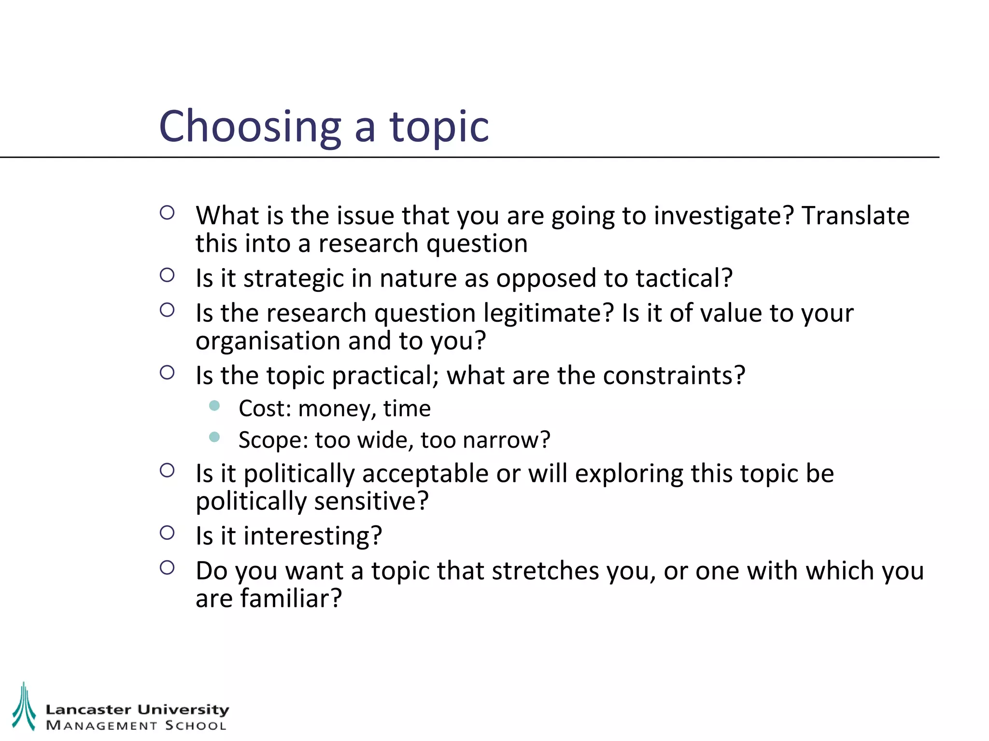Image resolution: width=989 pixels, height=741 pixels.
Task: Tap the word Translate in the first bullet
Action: [855, 216]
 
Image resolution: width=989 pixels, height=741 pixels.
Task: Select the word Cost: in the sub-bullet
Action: [265, 409]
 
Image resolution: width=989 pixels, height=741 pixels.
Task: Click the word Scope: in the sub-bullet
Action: [273, 440]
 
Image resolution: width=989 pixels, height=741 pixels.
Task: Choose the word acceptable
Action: [425, 474]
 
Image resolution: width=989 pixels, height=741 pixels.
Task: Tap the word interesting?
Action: [312, 536]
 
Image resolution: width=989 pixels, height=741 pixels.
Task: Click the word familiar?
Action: [291, 599]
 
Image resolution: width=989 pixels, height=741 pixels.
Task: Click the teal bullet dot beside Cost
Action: [214, 406]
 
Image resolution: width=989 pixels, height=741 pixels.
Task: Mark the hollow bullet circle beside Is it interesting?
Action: [167, 533]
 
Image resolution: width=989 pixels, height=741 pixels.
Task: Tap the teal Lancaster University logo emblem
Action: [24, 706]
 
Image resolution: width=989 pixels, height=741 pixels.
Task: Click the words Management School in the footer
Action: [136, 726]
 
